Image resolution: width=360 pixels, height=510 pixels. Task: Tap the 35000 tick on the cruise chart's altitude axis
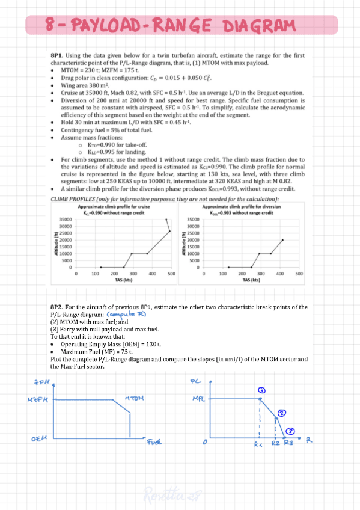[67, 220]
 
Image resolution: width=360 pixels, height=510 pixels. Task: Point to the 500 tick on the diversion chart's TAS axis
[299, 274]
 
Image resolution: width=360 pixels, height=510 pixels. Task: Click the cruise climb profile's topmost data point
[166, 220]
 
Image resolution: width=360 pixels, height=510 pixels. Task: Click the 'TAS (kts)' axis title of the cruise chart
[124, 280]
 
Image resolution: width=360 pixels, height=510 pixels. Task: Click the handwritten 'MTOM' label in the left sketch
[133, 399]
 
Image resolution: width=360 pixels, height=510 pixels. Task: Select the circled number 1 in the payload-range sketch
[261, 390]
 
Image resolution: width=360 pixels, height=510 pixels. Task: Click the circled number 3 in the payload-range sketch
[290, 431]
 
